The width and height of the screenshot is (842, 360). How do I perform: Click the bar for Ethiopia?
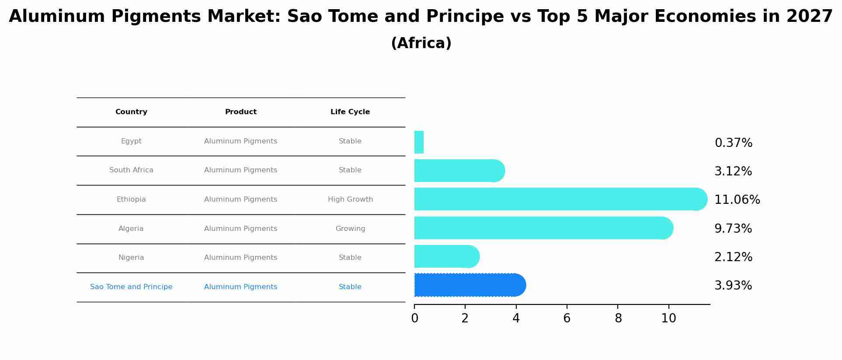pos(560,199)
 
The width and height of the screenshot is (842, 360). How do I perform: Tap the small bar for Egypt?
pos(419,142)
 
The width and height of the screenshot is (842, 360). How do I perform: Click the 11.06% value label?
pos(737,200)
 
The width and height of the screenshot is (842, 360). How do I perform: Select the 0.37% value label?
pos(733,143)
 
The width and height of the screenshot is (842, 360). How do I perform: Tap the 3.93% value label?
pos(733,286)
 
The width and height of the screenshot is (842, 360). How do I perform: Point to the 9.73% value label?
pos(733,229)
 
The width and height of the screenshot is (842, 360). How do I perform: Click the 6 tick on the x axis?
pos(567,318)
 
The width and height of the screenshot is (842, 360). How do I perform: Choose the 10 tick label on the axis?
pos(668,318)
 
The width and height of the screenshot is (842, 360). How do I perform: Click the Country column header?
pos(131,112)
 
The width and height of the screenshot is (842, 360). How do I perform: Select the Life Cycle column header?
pos(350,112)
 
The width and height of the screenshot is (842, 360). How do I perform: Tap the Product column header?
pos(241,112)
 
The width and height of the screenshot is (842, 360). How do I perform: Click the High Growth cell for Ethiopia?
pos(350,199)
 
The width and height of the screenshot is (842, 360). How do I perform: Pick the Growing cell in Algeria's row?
pos(350,229)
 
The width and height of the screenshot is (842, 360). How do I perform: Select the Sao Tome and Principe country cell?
pos(131,287)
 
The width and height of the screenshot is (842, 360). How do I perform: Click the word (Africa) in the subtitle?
pos(421,43)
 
